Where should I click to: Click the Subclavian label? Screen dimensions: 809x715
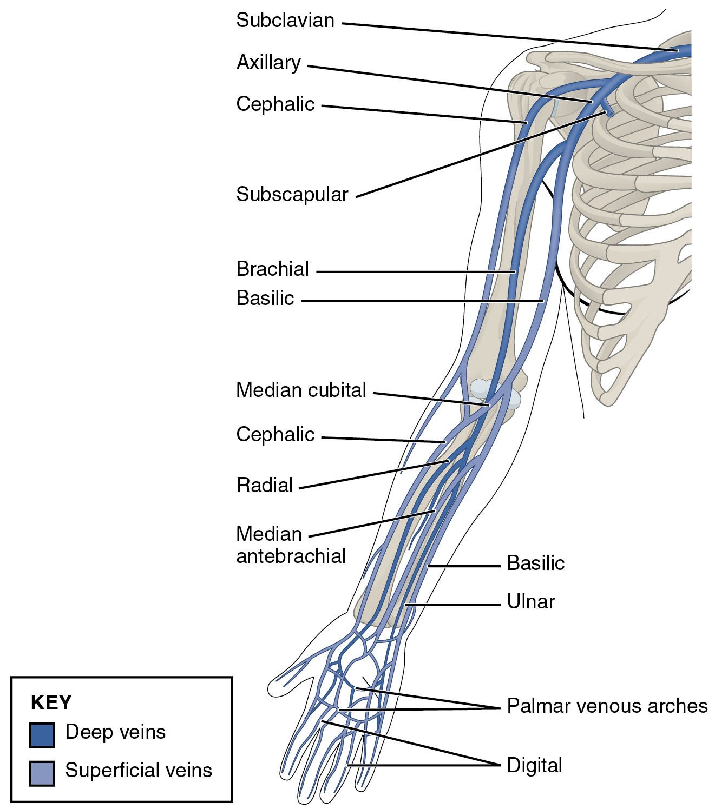click(x=285, y=21)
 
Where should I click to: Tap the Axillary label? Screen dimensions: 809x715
click(x=268, y=63)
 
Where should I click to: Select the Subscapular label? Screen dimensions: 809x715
click(x=292, y=194)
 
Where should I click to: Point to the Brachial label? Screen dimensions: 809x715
click(x=272, y=269)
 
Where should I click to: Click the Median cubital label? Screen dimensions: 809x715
click(x=301, y=390)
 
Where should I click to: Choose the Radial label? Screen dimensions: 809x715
click(x=264, y=485)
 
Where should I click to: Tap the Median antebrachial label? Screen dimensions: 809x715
click(x=291, y=545)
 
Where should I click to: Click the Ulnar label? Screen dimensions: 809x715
click(x=530, y=601)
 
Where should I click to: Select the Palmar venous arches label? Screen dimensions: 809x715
click(x=607, y=706)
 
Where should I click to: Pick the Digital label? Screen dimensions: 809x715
click(x=534, y=765)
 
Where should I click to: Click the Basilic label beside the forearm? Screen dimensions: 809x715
click(x=535, y=563)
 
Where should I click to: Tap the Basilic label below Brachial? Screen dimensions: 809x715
click(x=265, y=298)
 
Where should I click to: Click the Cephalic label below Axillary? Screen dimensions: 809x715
click(x=275, y=104)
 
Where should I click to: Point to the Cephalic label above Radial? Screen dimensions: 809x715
click(x=275, y=434)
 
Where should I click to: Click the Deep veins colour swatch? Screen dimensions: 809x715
click(x=42, y=735)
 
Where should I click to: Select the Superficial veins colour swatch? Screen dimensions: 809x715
click(x=42, y=773)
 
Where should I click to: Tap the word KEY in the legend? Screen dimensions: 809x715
click(x=51, y=702)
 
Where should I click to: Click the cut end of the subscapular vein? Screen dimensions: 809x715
click(x=610, y=114)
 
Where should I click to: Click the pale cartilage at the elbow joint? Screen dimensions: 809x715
click(x=482, y=389)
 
